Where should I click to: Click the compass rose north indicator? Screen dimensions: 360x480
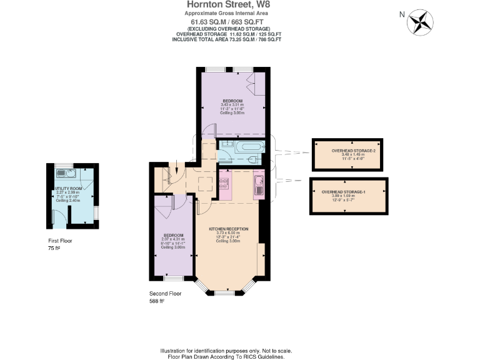[420, 22]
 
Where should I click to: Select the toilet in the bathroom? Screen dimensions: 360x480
[254, 160]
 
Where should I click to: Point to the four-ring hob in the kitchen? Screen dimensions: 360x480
[224, 183]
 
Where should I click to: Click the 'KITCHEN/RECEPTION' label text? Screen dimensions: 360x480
[228, 229]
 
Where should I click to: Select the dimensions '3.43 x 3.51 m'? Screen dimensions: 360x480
[232, 104]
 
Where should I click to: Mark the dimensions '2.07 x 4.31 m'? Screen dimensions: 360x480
[169, 239]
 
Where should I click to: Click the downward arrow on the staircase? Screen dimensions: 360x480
[177, 167]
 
